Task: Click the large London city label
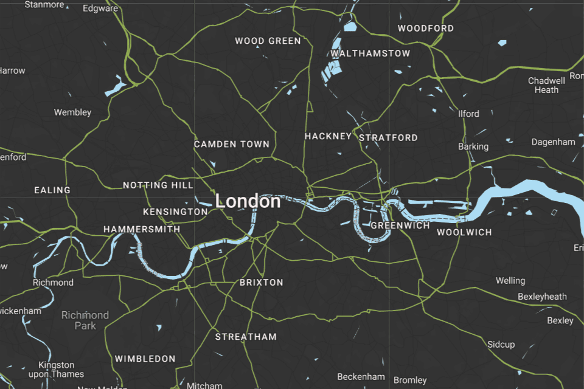248,201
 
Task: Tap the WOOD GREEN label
268,41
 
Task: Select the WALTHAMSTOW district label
370,53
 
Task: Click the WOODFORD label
425,29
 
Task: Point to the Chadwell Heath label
546,85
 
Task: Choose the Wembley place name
72,112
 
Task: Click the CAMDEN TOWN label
231,145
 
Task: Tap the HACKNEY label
328,136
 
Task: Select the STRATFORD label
388,138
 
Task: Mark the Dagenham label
553,142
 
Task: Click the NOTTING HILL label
158,185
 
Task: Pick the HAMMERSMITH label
142,230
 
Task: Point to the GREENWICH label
400,225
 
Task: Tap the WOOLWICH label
464,232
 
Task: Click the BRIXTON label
261,283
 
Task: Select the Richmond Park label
85,320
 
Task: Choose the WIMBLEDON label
145,359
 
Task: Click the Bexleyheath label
542,297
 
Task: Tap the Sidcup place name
501,345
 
